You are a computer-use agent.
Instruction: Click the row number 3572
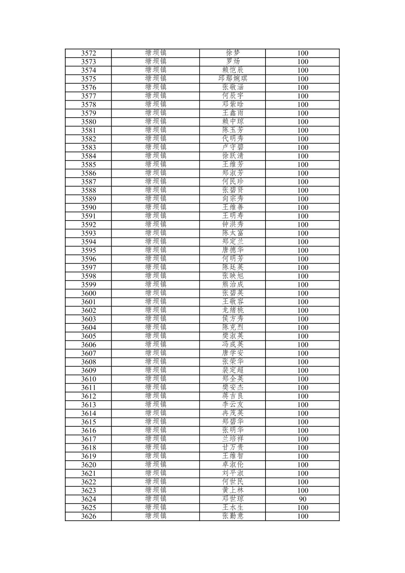pos(89,53)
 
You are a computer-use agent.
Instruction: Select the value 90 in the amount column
pos(302,499)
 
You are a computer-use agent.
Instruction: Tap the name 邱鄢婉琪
pos(233,79)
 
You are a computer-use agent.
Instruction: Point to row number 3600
pos(89,293)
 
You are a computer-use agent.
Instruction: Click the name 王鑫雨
pos(233,113)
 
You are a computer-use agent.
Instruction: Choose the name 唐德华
pos(233,250)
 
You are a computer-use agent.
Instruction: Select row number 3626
pos(89,516)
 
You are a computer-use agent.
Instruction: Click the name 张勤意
pos(233,516)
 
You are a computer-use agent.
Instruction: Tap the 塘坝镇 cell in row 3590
pos(155,207)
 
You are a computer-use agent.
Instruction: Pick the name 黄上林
pos(233,490)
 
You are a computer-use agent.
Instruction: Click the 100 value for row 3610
pos(302,379)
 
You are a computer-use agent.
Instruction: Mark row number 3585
pos(89,165)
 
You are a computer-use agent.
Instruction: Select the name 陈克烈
pos(233,328)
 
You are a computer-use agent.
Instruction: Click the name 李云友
pos(233,405)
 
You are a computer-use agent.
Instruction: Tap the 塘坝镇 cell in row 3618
pos(155,447)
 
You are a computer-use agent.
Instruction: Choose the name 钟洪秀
pos(233,225)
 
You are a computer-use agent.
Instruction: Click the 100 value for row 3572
pos(302,53)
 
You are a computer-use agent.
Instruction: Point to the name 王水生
pos(233,508)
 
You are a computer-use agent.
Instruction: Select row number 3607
pos(89,353)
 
